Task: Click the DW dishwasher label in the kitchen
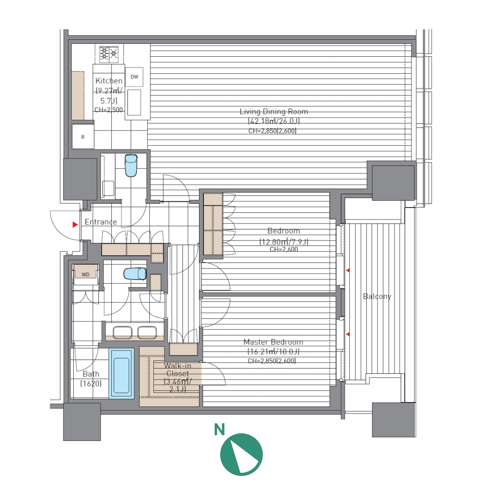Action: (134, 77)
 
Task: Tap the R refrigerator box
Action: (83, 137)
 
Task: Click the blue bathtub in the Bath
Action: (121, 373)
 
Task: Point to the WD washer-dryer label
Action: (85, 275)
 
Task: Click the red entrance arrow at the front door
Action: (75, 225)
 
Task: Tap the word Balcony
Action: (377, 297)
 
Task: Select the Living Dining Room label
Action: (274, 111)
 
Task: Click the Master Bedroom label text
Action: (273, 342)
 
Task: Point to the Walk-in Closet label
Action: (178, 370)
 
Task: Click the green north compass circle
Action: (241, 454)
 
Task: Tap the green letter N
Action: (219, 430)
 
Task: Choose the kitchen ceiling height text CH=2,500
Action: (108, 110)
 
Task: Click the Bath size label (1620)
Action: (91, 384)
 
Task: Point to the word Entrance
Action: (101, 222)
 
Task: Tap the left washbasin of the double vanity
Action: (122, 333)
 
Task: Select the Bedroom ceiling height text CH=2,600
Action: (284, 249)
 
